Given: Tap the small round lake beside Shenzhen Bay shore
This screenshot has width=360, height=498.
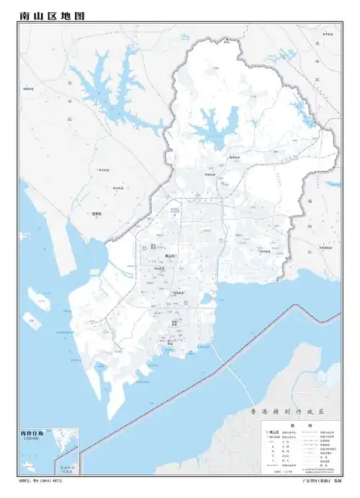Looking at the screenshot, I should [207, 298].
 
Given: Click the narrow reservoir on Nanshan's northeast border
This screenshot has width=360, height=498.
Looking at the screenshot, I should [310, 115].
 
